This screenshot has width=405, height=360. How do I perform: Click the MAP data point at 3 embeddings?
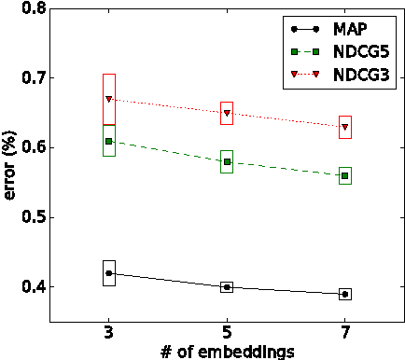(x=109, y=273)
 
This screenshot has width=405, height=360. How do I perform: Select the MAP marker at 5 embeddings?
(x=227, y=287)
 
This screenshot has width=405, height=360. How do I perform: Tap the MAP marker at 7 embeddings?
(x=345, y=294)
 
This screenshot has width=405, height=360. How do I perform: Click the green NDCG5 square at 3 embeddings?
(x=109, y=141)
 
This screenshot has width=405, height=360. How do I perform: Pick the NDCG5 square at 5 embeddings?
(x=227, y=162)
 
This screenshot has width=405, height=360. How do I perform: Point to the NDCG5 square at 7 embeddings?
(x=345, y=175)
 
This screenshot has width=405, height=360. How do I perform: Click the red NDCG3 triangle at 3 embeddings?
(x=109, y=99)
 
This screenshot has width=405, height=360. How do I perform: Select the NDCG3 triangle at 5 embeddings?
(x=227, y=113)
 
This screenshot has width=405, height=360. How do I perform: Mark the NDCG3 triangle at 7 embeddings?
(x=345, y=127)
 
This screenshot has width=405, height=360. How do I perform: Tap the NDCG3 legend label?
(x=363, y=71)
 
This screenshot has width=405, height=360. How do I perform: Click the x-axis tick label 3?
(x=109, y=333)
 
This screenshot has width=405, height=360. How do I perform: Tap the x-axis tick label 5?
(x=227, y=333)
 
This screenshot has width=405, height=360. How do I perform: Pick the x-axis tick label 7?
(x=345, y=333)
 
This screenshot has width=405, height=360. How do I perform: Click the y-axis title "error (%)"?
(x=9, y=165)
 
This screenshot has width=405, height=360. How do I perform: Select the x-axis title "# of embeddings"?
(x=227, y=352)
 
